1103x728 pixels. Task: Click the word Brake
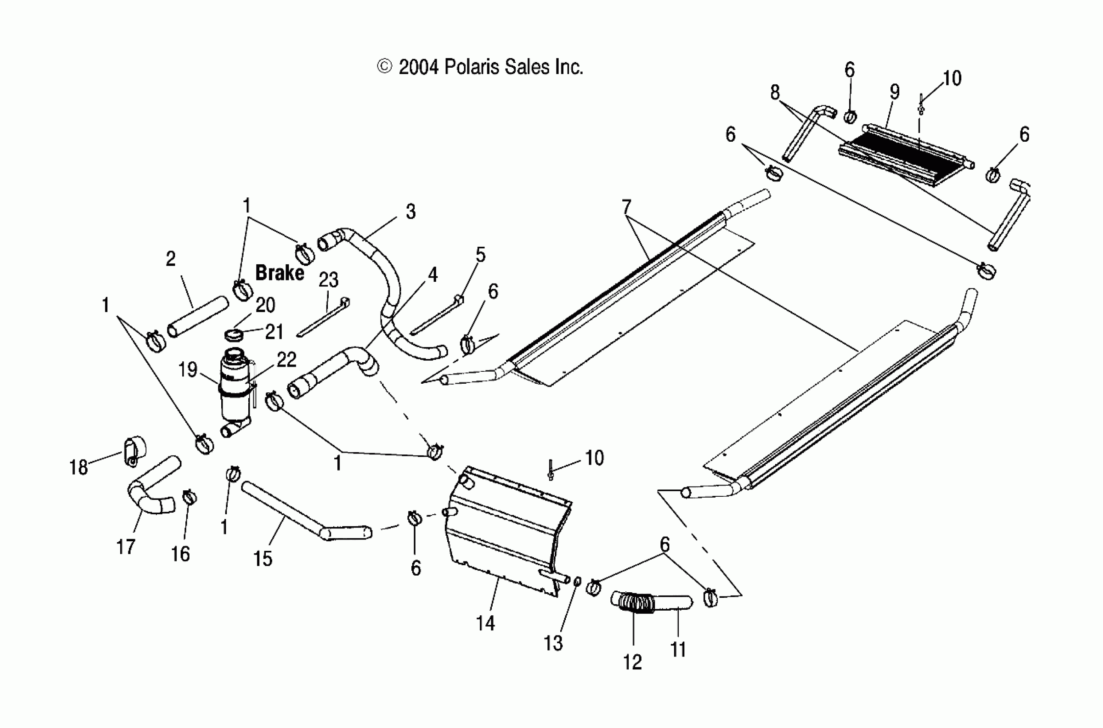[279, 273]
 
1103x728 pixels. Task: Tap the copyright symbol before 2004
[384, 67]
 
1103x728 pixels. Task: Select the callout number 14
[485, 623]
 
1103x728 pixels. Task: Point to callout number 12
[633, 662]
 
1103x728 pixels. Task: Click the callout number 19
[187, 370]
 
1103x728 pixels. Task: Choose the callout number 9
[895, 92]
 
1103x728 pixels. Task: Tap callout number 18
[78, 468]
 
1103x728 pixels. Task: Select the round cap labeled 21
[234, 334]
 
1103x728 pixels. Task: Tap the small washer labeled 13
[577, 581]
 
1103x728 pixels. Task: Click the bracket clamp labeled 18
[133, 451]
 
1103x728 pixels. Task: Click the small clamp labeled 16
[189, 498]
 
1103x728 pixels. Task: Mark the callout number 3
[410, 212]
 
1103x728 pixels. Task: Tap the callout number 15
[263, 558]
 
